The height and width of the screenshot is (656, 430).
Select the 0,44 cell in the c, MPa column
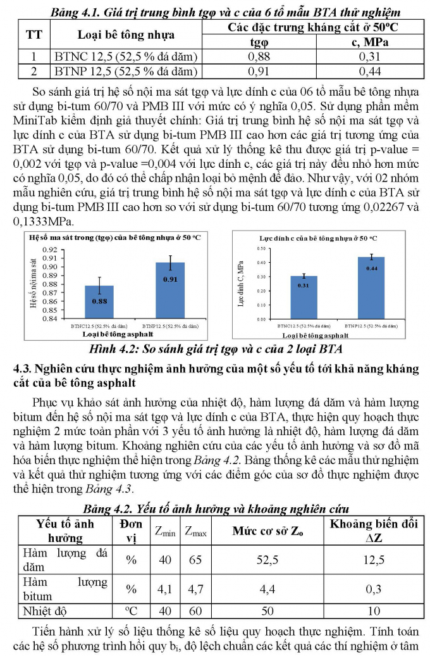[x=370, y=71]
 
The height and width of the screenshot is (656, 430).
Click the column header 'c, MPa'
[x=370, y=43]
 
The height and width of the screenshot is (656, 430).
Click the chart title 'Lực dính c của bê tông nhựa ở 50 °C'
[x=318, y=238]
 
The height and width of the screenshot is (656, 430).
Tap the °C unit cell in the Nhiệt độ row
[x=131, y=611]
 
